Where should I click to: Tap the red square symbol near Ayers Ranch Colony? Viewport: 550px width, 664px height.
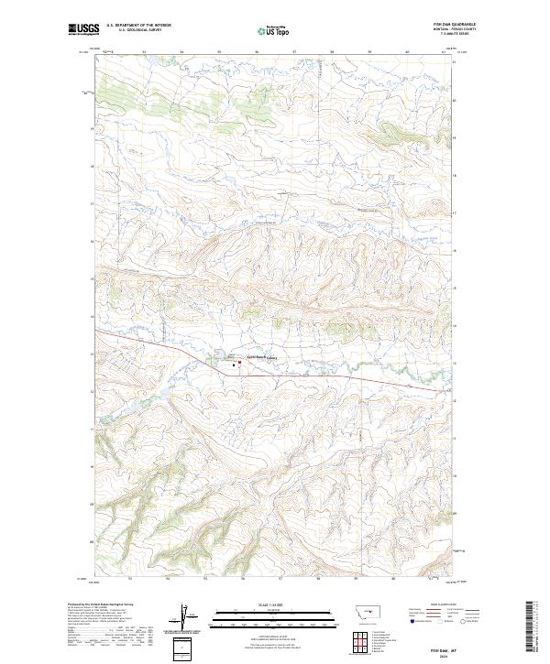(240, 364)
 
